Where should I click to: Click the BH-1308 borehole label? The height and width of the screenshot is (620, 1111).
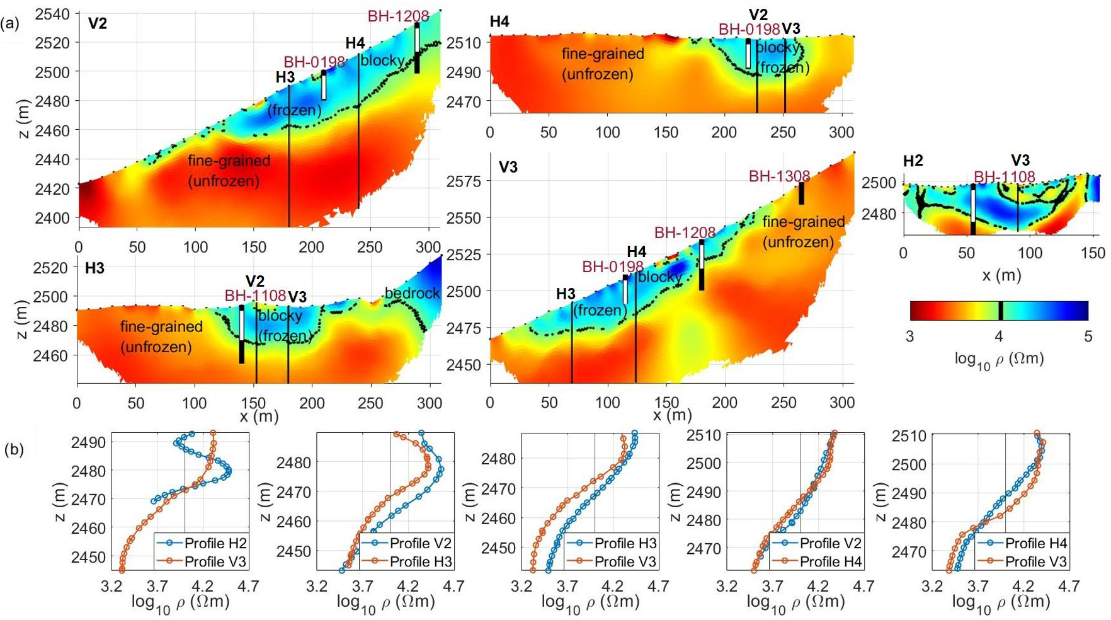(779, 176)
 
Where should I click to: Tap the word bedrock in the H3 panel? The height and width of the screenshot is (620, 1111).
(412, 293)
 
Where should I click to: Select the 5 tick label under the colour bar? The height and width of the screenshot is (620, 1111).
(1088, 336)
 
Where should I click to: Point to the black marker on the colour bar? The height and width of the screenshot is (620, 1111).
(1001, 311)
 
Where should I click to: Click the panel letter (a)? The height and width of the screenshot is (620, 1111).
(10, 24)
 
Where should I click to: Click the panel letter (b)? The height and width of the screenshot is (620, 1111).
(14, 450)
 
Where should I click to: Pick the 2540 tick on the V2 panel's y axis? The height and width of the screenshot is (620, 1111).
(52, 14)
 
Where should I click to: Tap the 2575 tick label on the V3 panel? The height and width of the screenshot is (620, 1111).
(464, 181)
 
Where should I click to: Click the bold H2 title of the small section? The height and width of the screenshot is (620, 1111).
(913, 161)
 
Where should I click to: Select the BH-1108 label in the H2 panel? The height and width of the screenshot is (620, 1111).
(1004, 177)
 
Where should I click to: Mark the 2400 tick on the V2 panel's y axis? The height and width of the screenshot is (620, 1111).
(52, 218)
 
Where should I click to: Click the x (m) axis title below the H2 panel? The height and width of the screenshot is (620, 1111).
(1001, 275)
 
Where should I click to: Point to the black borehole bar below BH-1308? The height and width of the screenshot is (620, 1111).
(801, 193)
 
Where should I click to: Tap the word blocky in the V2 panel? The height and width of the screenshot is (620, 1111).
(382, 60)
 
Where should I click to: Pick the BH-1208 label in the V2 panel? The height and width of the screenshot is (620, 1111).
(398, 16)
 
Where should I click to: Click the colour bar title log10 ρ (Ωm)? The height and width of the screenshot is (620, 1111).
(999, 359)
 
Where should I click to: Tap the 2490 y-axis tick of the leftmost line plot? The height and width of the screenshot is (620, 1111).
(88, 442)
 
